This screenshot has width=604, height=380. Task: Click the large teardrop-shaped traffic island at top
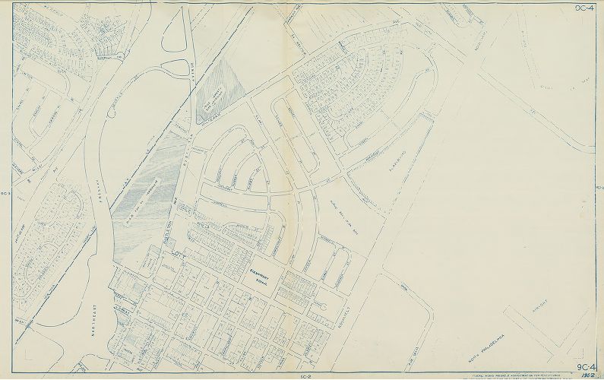[x=174, y=46]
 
